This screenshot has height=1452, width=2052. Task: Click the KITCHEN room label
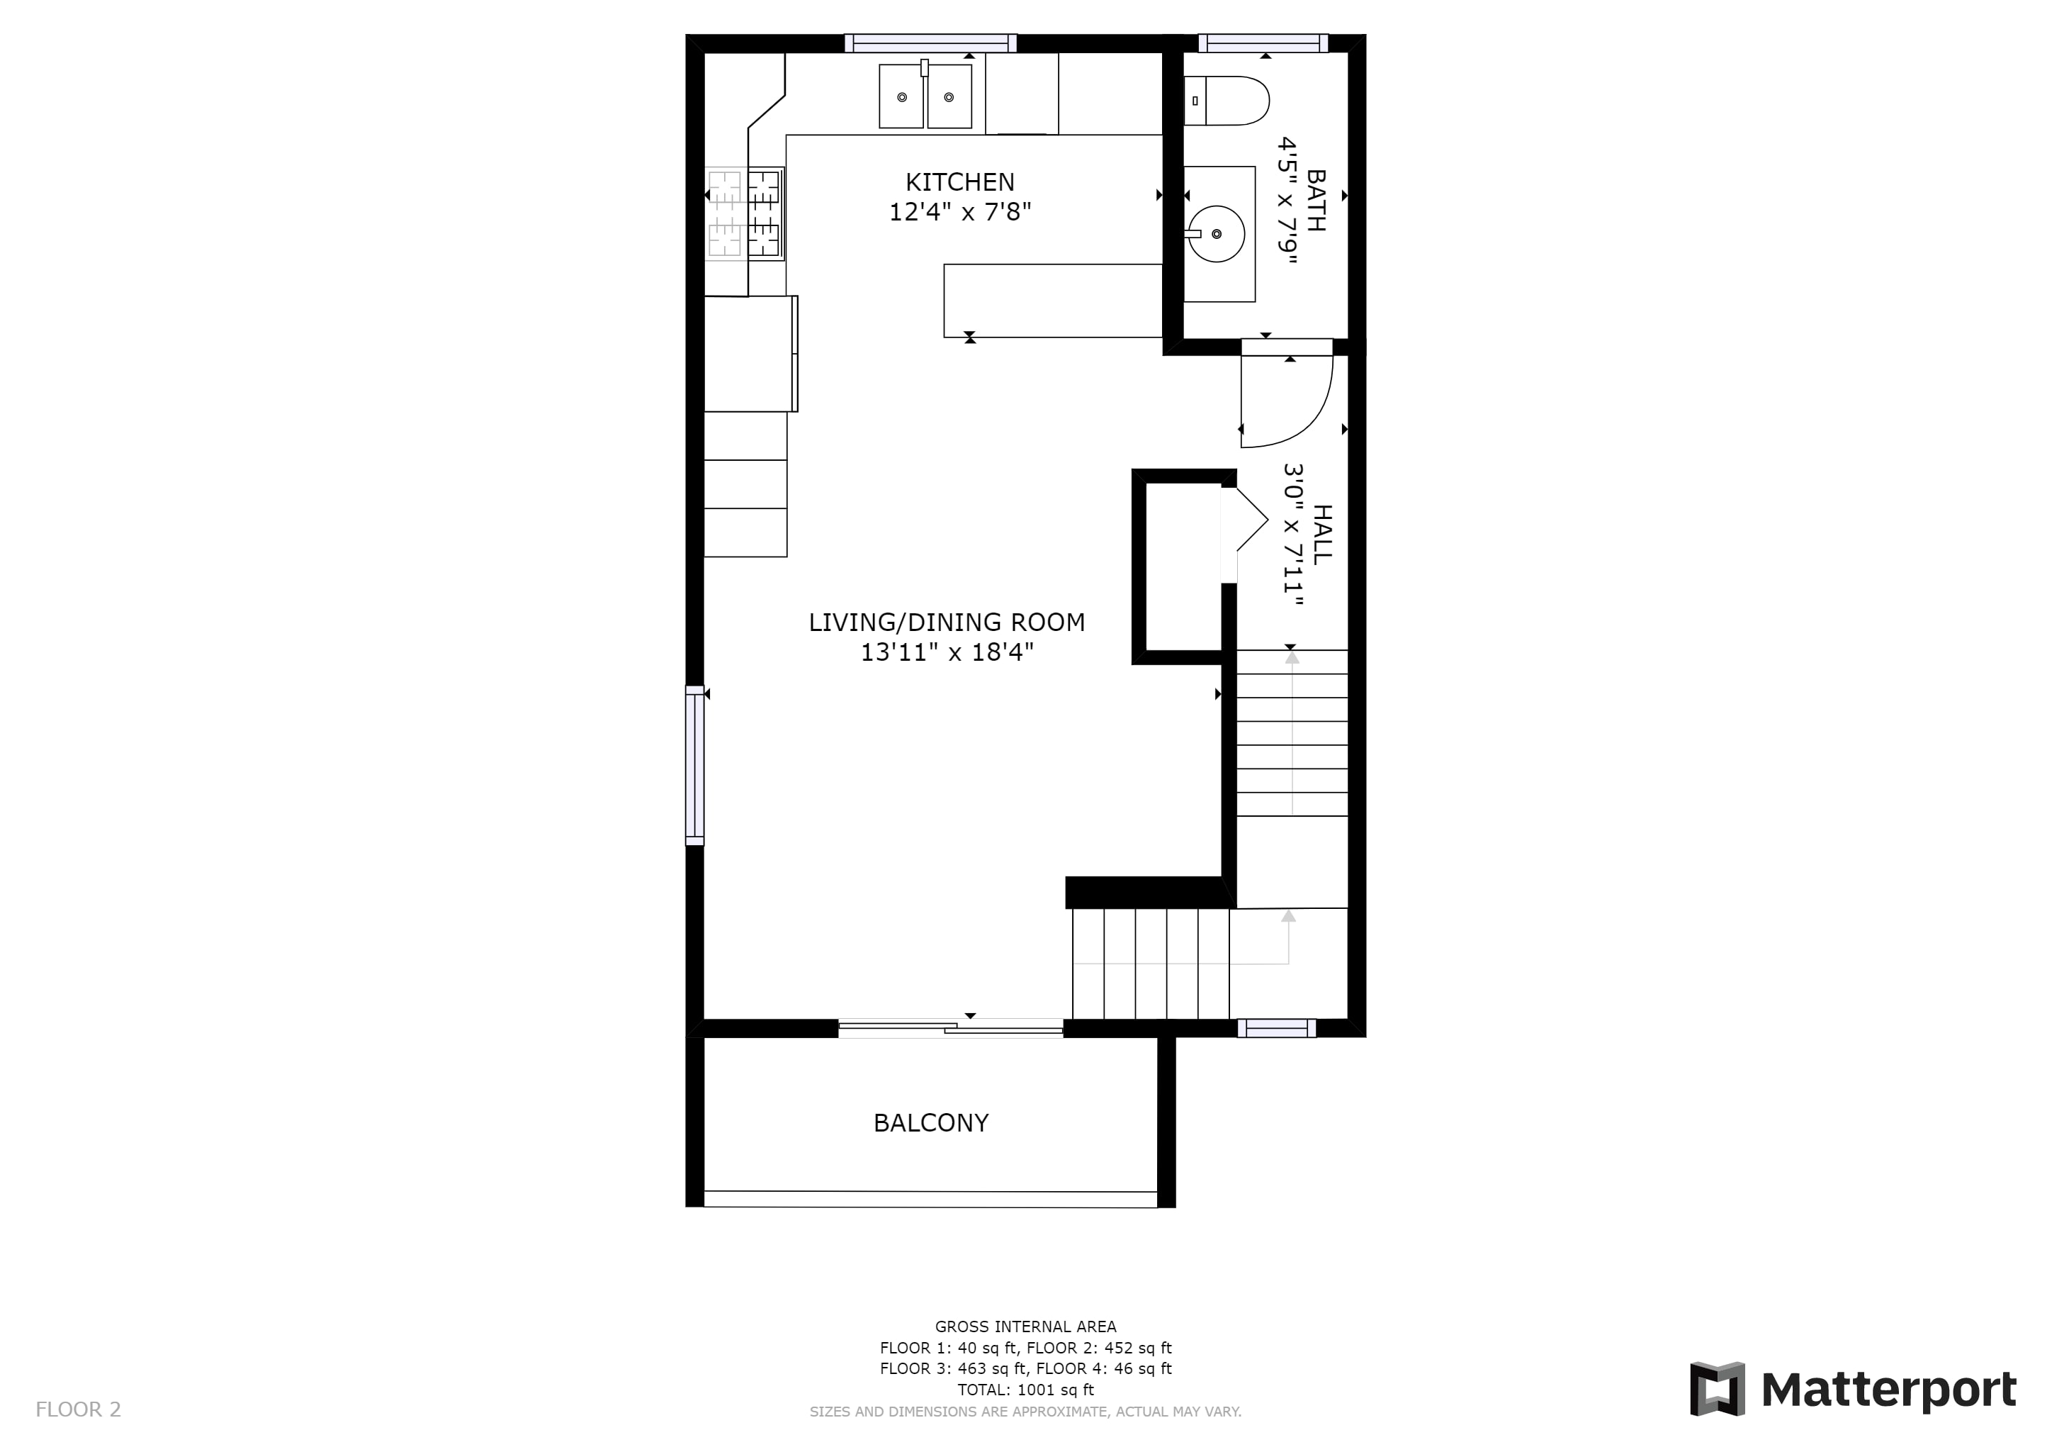coord(960,182)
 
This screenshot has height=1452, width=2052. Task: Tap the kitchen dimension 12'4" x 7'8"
coord(960,213)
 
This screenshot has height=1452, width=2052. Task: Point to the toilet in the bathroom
coord(1227,100)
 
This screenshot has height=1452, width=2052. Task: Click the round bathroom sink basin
coord(1217,233)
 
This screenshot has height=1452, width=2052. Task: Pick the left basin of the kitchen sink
coord(902,96)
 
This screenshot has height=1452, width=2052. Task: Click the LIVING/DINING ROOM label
coord(947,622)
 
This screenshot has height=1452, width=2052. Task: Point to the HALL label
coord(1321,534)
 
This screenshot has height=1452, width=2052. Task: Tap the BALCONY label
coord(931,1123)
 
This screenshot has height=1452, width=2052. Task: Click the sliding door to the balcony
coord(951,1028)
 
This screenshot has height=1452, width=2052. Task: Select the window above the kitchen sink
coord(930,43)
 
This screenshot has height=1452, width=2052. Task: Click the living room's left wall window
coord(694,764)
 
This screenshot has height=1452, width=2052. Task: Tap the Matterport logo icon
coord(1717,1390)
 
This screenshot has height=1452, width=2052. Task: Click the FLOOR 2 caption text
coord(78,1410)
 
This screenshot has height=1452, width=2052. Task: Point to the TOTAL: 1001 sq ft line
coord(1025,1390)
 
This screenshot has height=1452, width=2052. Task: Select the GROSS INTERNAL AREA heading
coord(1025,1327)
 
